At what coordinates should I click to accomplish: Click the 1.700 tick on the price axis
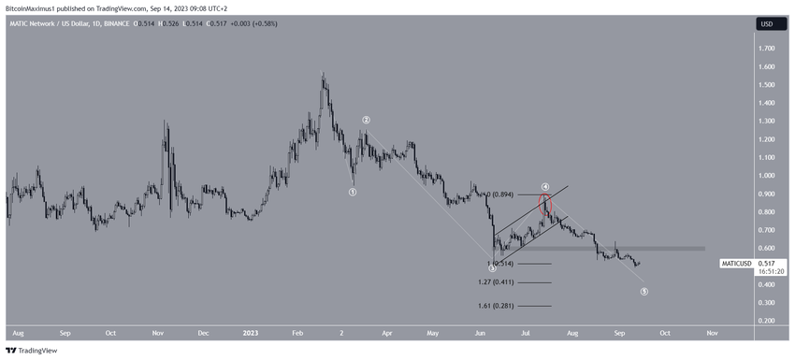tap(766, 49)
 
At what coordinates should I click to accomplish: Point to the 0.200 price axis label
tap(766, 321)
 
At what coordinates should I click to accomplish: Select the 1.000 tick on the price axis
tap(766, 176)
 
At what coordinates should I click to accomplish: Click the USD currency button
tap(766, 23)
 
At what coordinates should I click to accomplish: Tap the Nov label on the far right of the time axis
tap(712, 332)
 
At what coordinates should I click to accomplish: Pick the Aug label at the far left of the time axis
tap(17, 332)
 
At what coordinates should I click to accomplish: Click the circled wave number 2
tap(367, 121)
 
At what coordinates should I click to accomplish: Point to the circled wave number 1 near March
tap(353, 193)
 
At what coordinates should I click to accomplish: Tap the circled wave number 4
tap(544, 187)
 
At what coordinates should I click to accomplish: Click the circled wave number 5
tap(644, 292)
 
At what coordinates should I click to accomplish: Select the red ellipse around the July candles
tap(545, 205)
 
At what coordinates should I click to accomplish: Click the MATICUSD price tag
tap(736, 264)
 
